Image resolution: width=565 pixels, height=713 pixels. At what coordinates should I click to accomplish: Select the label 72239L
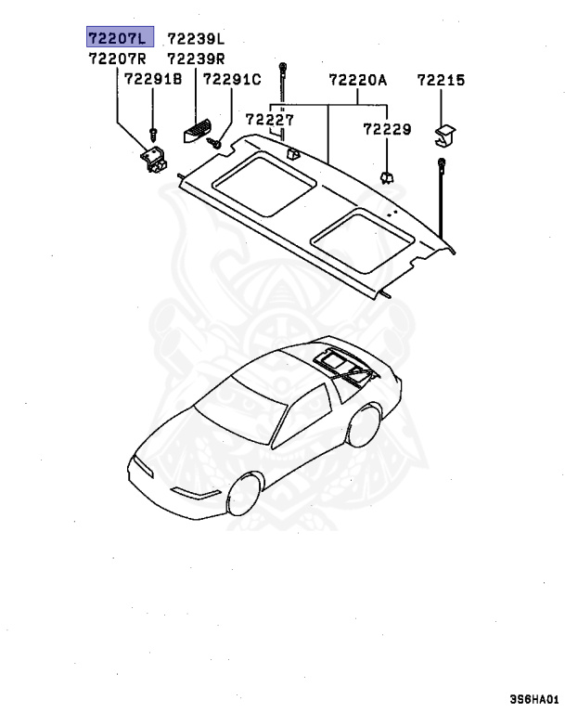[196, 38]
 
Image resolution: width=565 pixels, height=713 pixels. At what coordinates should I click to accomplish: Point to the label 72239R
[196, 58]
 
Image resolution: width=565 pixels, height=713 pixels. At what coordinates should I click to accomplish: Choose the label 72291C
[232, 80]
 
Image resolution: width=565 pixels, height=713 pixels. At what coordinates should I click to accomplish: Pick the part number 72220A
[357, 80]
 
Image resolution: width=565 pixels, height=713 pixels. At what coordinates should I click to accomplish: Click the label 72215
[441, 80]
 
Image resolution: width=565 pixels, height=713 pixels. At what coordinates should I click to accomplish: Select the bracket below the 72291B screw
[153, 162]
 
